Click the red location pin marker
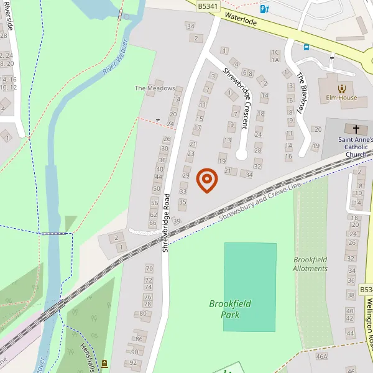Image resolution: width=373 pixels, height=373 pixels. pyautogui.click(x=206, y=180)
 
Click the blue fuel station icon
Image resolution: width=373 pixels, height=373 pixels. pyautogui.click(x=265, y=9)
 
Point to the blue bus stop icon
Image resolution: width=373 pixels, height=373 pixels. pyautogui.click(x=306, y=46)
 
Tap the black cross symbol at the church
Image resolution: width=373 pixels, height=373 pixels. pyautogui.click(x=356, y=129)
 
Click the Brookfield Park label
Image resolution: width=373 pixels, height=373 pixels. pyautogui.click(x=230, y=308)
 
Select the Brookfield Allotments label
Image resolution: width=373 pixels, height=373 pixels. pyautogui.click(x=310, y=264)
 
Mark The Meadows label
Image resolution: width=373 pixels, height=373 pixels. pyautogui.click(x=155, y=88)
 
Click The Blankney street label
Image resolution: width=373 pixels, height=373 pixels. pyautogui.click(x=302, y=94)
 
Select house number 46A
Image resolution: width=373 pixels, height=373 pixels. pyautogui.click(x=321, y=357)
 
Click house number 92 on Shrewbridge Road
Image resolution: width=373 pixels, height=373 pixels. pyautogui.click(x=133, y=362)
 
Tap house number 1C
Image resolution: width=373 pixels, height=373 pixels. pyautogui.click(x=274, y=52)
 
